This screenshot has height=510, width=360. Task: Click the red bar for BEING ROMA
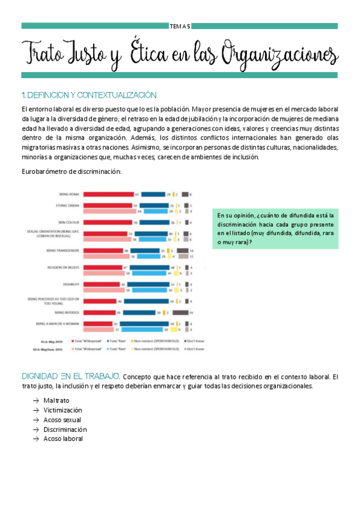click(108, 194)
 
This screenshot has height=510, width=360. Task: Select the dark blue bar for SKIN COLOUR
click(153, 223)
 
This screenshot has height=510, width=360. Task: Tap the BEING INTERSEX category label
click(67, 312)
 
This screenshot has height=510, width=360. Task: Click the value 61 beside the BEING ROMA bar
click(138, 194)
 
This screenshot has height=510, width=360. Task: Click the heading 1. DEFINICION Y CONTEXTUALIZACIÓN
click(88, 95)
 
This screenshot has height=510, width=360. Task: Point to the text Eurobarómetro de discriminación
click(71, 172)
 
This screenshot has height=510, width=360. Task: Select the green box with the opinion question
click(277, 229)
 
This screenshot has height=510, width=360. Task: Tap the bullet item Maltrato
click(56, 400)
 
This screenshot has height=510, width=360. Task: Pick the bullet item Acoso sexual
click(62, 420)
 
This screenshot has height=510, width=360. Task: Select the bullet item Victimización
click(63, 410)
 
